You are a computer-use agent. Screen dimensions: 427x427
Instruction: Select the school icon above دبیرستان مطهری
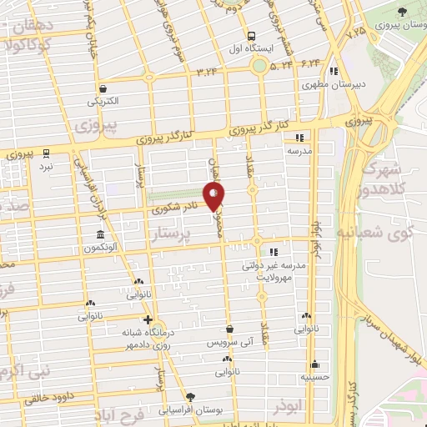[334, 71]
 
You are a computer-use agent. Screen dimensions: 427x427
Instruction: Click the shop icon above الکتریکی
[102, 89]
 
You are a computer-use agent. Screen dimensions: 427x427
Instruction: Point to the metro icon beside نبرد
[47, 153]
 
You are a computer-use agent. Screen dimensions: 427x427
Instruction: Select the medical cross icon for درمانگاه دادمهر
[148, 319]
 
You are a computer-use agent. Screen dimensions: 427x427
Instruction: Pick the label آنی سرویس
[228, 343]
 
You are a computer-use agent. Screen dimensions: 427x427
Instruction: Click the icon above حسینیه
[314, 364]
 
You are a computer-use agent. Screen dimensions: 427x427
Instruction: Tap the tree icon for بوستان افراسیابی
[190, 397]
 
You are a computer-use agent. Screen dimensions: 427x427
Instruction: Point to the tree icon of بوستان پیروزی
[402, 12]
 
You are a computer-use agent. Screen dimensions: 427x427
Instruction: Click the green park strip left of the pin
[175, 198]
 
